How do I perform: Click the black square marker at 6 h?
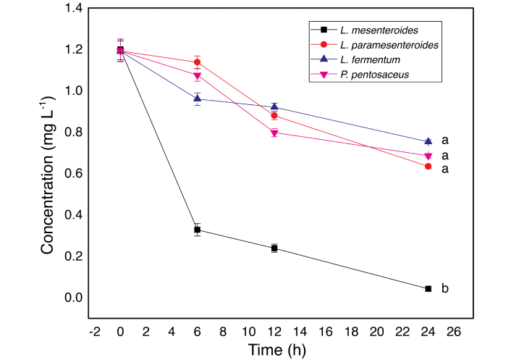[x=197, y=230]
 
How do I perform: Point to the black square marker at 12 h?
[x=274, y=248]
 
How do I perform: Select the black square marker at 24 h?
[x=428, y=288]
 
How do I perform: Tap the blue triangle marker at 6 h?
[x=197, y=99]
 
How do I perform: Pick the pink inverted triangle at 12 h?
[x=274, y=133]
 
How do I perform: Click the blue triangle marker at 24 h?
[x=428, y=141]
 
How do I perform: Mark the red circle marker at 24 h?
[x=428, y=167]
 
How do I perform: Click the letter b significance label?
[x=445, y=289]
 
